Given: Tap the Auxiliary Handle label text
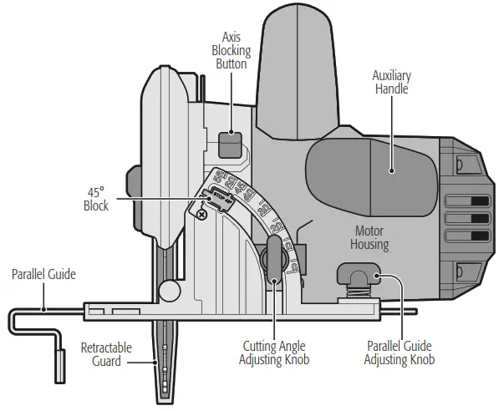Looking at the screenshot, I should [x=391, y=82].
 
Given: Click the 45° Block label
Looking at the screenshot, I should [x=96, y=200].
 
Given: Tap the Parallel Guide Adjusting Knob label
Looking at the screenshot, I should [x=400, y=353].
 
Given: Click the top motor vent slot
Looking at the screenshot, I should [x=467, y=200].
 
